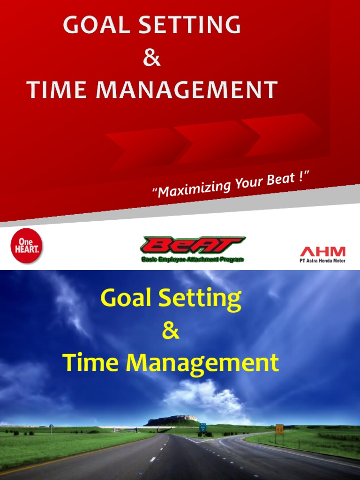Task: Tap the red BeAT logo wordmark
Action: click(193, 245)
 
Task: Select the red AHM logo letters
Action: click(322, 251)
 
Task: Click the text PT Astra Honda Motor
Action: click(322, 261)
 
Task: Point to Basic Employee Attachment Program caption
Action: click(193, 259)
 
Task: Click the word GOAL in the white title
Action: click(95, 25)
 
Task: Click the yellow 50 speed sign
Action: click(279, 428)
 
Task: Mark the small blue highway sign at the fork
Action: click(203, 427)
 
